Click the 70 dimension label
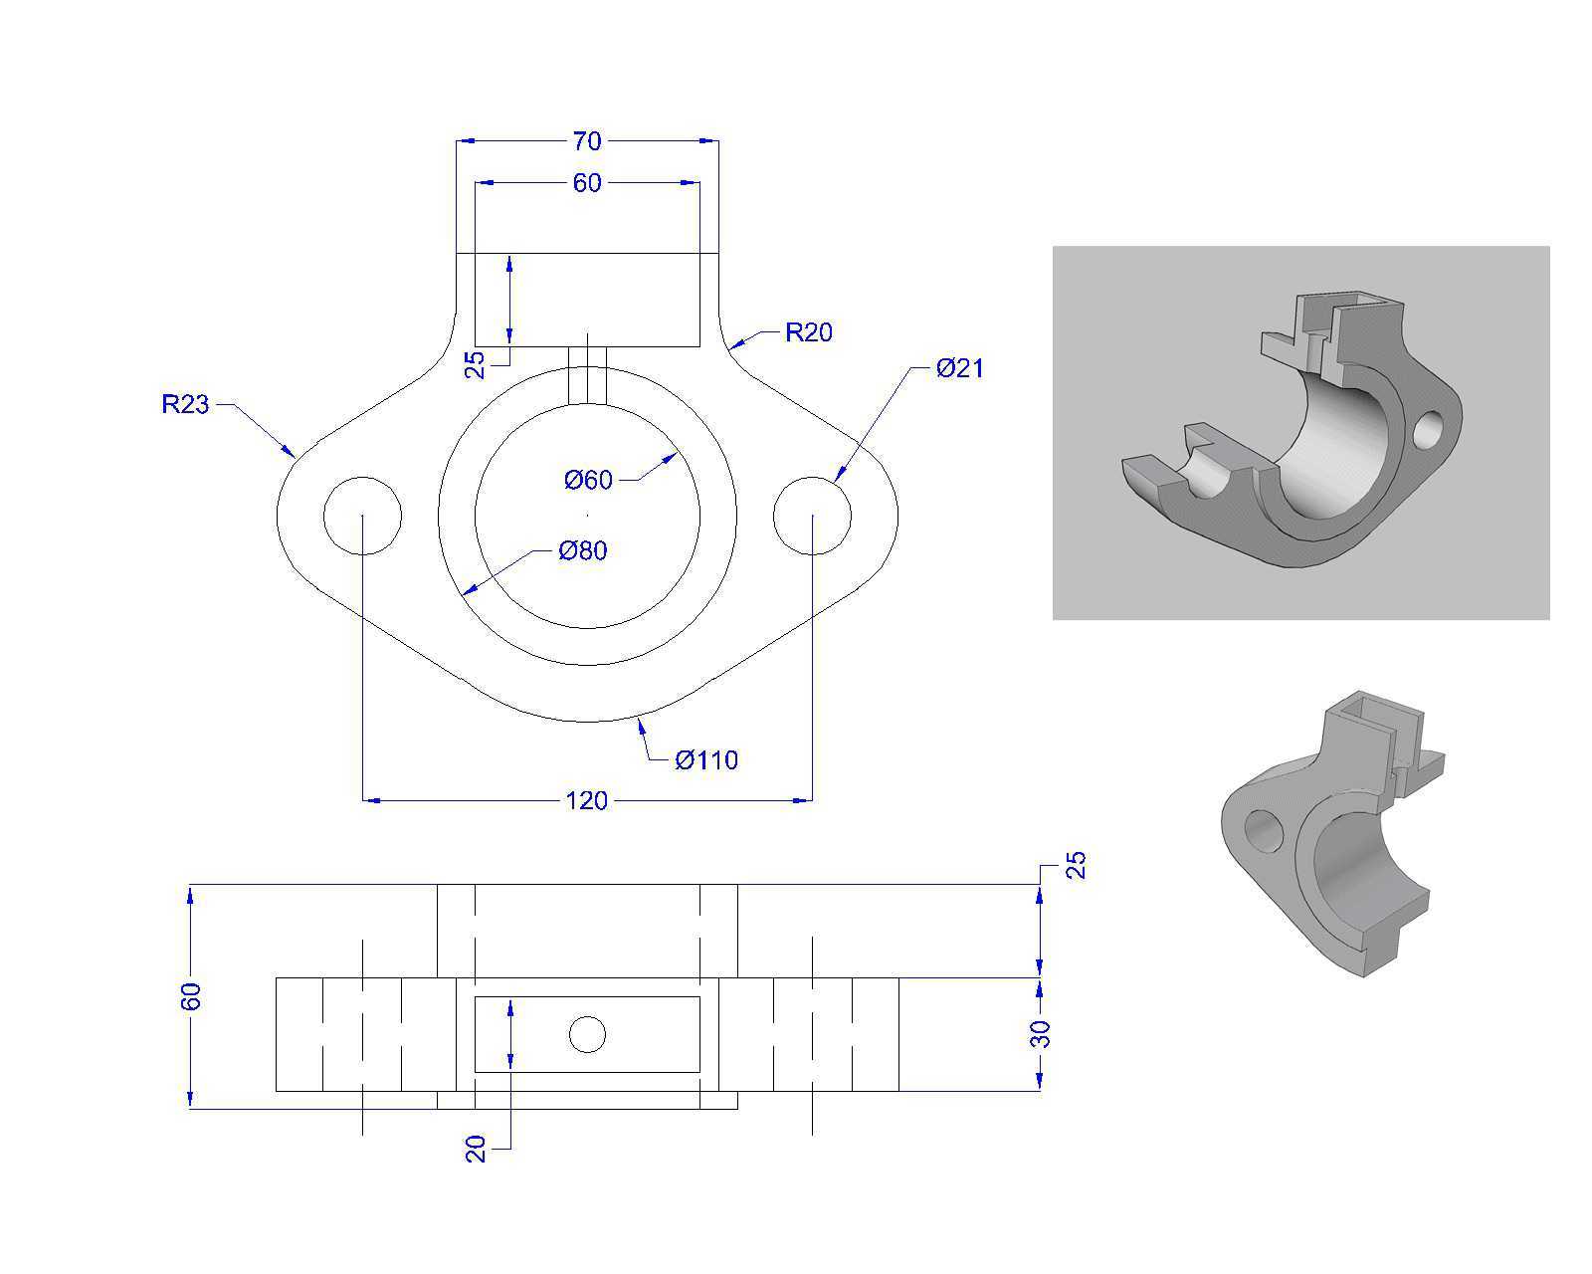click(587, 140)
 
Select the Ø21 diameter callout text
click(959, 368)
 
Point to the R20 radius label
click(809, 332)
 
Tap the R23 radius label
click(185, 404)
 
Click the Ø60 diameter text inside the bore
click(588, 481)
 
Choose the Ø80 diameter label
click(583, 550)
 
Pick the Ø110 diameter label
click(706, 760)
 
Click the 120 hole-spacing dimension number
click(587, 801)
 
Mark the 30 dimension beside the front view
click(1040, 1034)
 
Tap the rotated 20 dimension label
click(476, 1149)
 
